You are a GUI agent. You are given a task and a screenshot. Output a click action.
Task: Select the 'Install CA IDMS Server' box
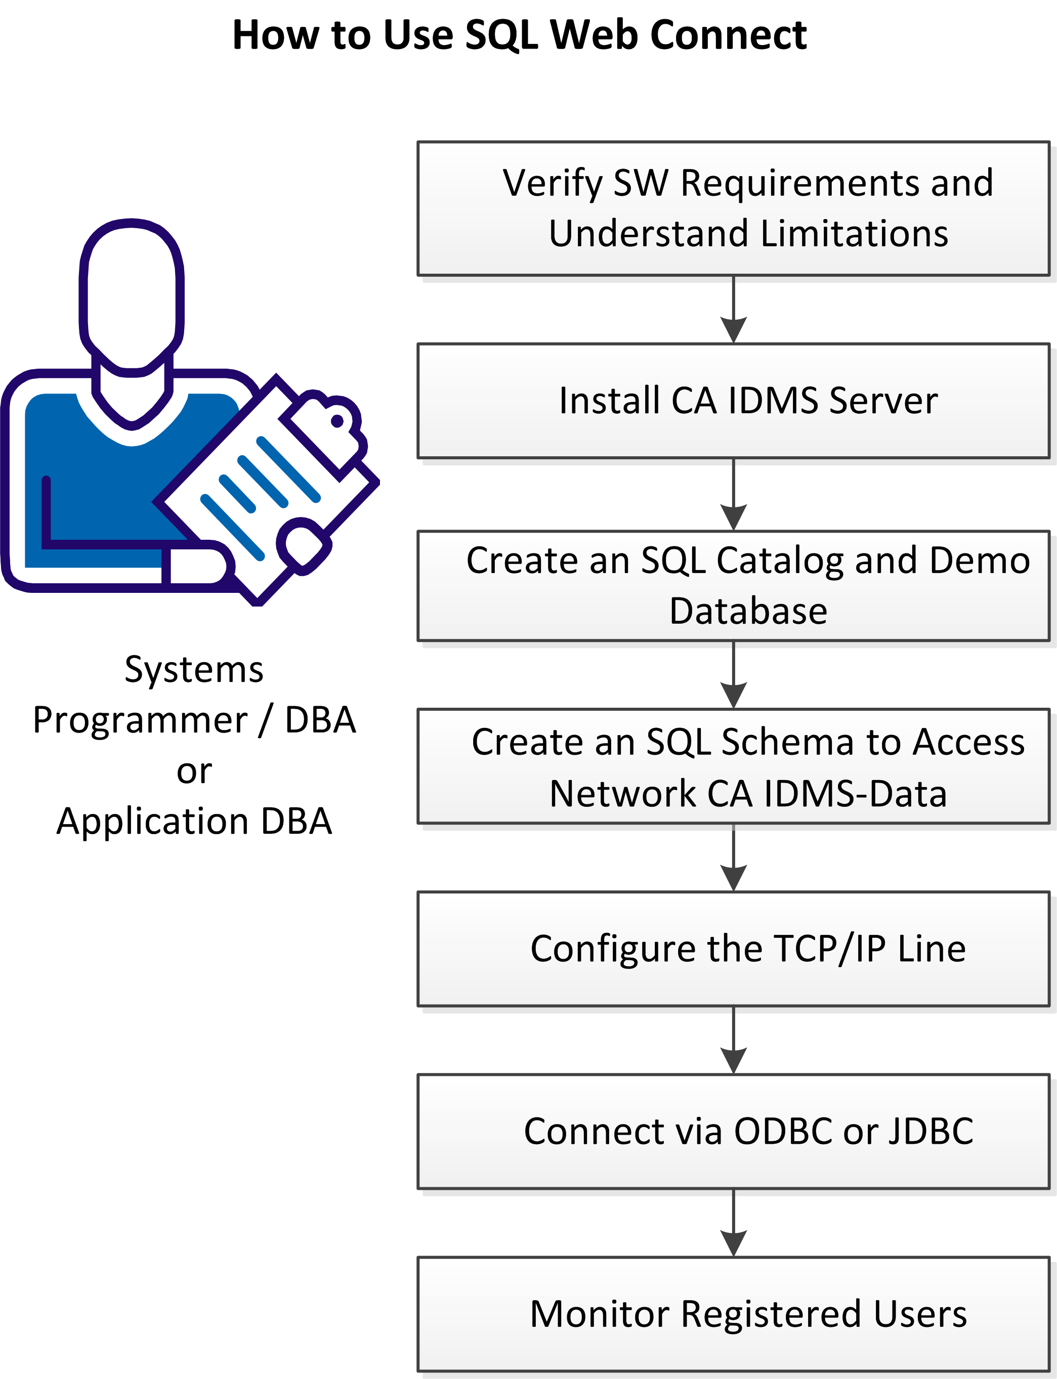pyautogui.click(x=733, y=401)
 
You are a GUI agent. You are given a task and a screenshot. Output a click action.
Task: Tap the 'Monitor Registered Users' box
pyautogui.click(x=733, y=1314)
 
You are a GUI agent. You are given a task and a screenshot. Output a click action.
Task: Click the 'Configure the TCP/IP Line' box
pyautogui.click(x=733, y=949)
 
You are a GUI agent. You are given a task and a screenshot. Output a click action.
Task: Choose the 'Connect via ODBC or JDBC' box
pyautogui.click(x=733, y=1131)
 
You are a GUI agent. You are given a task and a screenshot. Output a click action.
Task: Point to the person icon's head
pyautogui.click(x=132, y=295)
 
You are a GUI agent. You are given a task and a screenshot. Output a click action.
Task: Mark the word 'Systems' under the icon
pyautogui.click(x=194, y=669)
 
